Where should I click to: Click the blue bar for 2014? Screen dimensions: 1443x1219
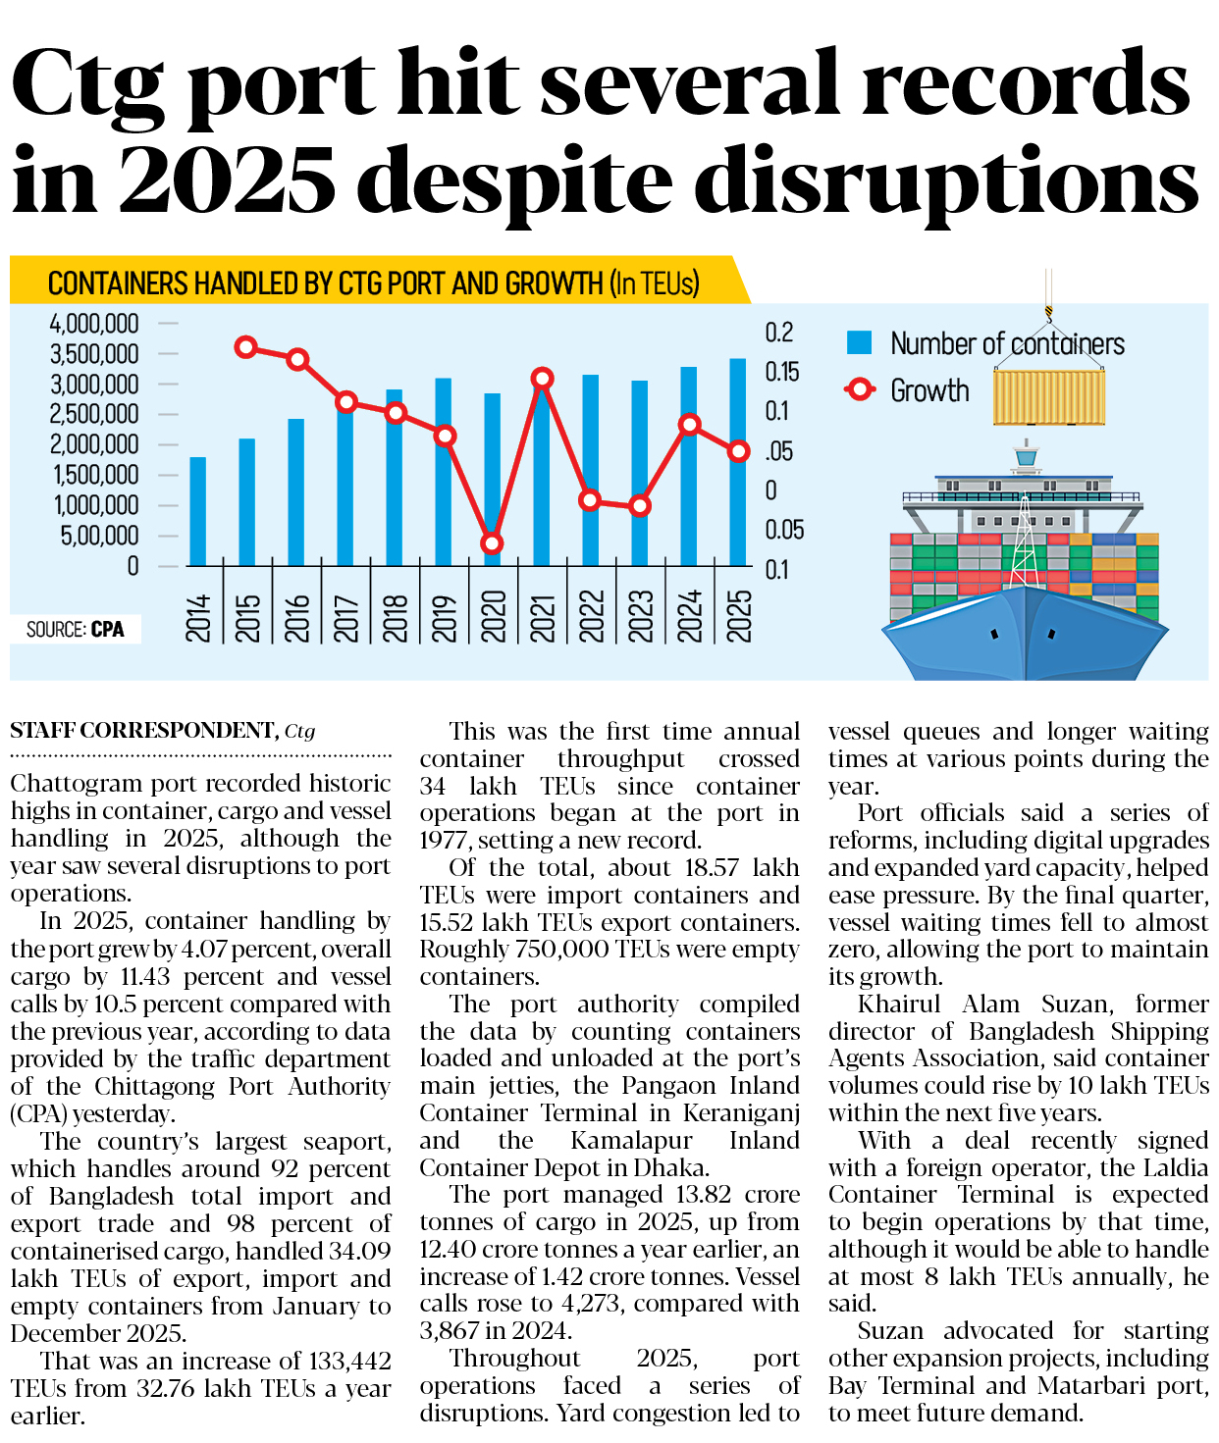pos(198,511)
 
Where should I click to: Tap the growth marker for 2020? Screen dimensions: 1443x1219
pos(493,542)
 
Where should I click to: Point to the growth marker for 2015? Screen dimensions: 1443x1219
pos(246,347)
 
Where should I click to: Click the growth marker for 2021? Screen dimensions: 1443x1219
pos(542,379)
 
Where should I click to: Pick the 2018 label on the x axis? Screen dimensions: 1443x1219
pos(396,617)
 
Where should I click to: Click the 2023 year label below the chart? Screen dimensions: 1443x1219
pos(641,617)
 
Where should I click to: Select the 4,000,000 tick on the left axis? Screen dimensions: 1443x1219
pos(94,323)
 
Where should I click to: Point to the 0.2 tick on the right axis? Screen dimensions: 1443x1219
pos(779,333)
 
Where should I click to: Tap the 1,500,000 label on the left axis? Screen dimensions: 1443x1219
pos(94,475)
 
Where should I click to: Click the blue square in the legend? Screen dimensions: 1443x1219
pos(859,342)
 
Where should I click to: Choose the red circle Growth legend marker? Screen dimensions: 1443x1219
pos(860,389)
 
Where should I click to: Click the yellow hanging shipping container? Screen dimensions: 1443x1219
pos(1049,397)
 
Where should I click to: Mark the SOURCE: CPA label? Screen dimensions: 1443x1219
pos(76,630)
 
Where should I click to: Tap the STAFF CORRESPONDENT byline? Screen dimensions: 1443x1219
pos(143,731)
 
